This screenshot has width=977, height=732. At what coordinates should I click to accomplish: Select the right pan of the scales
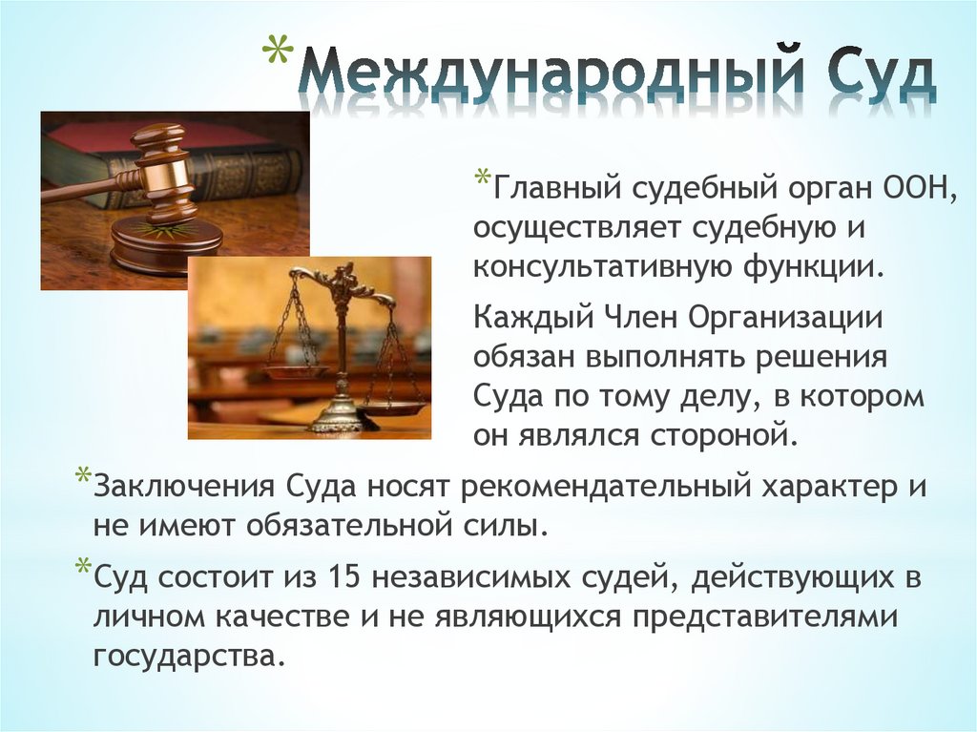(x=392, y=407)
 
